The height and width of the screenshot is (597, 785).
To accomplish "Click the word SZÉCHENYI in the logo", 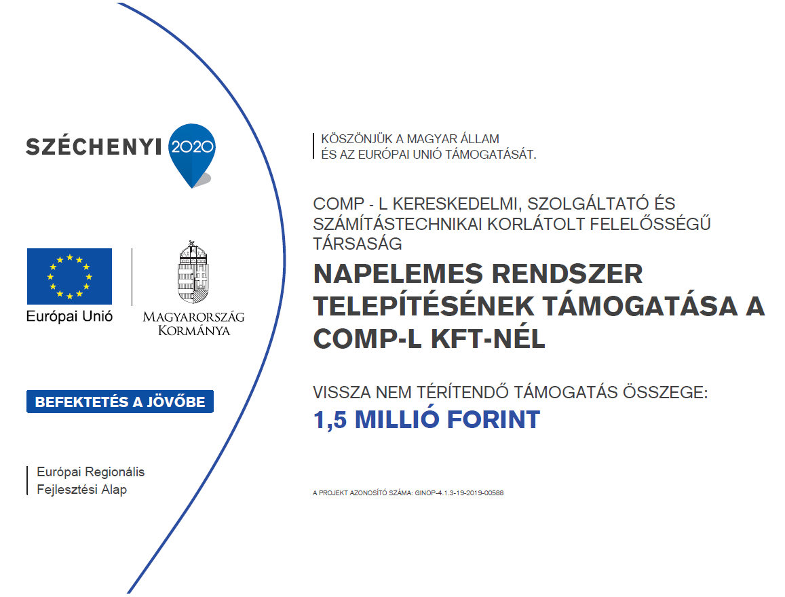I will [x=93, y=146].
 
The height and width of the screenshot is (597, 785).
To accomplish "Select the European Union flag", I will [x=69, y=276].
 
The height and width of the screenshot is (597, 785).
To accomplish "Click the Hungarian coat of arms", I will [x=193, y=273].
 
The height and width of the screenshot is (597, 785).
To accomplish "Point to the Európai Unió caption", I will [x=69, y=316].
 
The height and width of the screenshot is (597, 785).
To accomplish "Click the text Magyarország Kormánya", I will [x=193, y=324].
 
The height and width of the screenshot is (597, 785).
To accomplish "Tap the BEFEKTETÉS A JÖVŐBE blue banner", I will [x=119, y=402].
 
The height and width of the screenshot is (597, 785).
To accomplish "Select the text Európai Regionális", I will [x=90, y=472].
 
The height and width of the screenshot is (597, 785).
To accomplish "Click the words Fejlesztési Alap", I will [x=81, y=489].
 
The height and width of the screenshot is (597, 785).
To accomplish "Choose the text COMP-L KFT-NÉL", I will [x=429, y=339].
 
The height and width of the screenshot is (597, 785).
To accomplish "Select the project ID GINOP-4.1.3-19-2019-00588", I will [x=459, y=493].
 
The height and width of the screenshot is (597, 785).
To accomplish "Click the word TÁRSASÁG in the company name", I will [x=358, y=242].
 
